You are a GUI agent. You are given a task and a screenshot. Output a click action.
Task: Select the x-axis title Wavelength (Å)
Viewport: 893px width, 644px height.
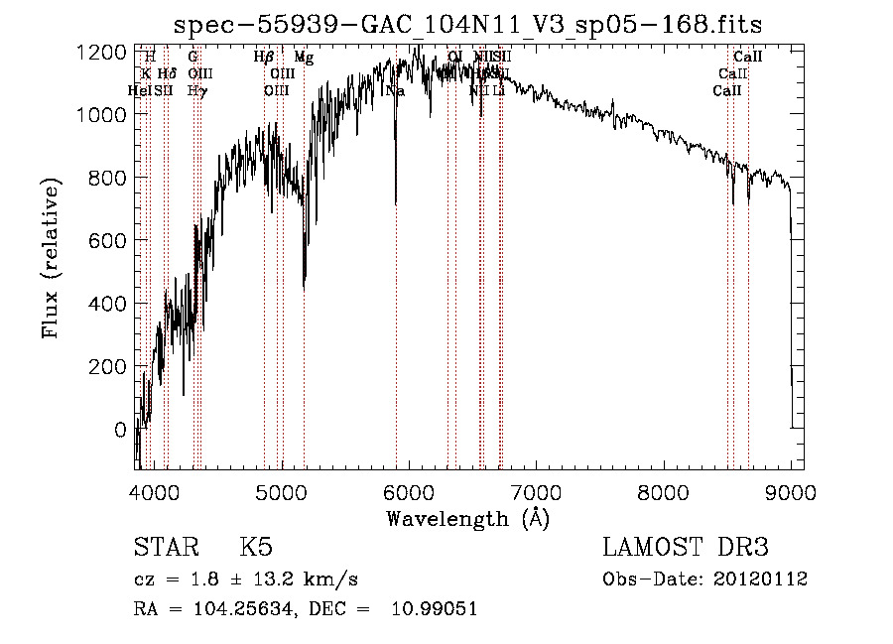click(467, 518)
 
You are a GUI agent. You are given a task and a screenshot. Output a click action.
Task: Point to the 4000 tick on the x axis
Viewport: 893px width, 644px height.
click(154, 492)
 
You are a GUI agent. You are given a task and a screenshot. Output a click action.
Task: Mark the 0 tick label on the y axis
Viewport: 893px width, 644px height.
click(119, 430)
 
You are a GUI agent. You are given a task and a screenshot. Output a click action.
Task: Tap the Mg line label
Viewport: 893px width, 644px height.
click(305, 59)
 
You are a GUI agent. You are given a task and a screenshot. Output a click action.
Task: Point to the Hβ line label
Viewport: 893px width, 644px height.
click(264, 59)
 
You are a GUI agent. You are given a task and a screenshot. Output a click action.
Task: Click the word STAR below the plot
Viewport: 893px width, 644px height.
click(165, 548)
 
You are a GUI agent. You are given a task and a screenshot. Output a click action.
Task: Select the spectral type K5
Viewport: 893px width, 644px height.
click(256, 548)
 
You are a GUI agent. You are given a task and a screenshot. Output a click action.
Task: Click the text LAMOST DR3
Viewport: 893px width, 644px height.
click(686, 548)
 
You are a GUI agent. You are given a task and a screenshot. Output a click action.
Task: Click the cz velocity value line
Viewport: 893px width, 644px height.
click(246, 579)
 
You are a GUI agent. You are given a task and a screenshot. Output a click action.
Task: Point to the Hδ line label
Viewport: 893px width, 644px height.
click(168, 74)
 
